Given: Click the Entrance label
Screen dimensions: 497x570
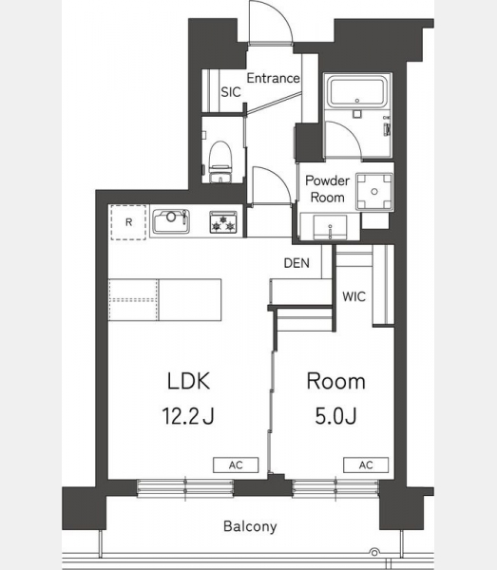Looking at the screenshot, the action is click(x=273, y=78).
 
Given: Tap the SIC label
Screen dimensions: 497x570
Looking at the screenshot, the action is click(x=231, y=92).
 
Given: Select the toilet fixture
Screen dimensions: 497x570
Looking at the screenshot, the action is click(x=220, y=161).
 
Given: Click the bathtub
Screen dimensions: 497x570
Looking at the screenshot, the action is click(x=357, y=91).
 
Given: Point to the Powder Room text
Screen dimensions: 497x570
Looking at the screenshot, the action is click(x=327, y=189).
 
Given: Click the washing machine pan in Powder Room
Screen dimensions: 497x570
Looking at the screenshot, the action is click(x=374, y=192).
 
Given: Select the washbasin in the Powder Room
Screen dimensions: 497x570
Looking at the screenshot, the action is click(x=330, y=228).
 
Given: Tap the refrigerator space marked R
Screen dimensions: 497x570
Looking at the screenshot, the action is click(x=128, y=222).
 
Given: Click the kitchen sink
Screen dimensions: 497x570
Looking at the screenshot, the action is click(x=171, y=221).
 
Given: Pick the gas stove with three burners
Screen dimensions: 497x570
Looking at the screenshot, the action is click(x=223, y=221).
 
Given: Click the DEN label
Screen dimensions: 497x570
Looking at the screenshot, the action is click(x=296, y=263).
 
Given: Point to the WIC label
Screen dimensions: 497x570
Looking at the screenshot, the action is click(x=354, y=296).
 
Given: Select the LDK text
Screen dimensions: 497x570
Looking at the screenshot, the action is click(x=189, y=381).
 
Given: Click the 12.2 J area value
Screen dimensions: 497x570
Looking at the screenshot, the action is click(x=188, y=416).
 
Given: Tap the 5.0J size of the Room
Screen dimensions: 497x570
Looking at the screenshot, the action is click(x=335, y=416).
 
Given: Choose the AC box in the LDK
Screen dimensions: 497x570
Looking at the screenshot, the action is click(x=236, y=465).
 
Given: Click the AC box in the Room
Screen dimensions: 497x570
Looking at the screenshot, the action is click(x=366, y=465).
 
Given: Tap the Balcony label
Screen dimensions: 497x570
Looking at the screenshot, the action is click(x=250, y=526).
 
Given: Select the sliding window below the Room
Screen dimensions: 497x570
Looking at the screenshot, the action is click(x=335, y=488).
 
